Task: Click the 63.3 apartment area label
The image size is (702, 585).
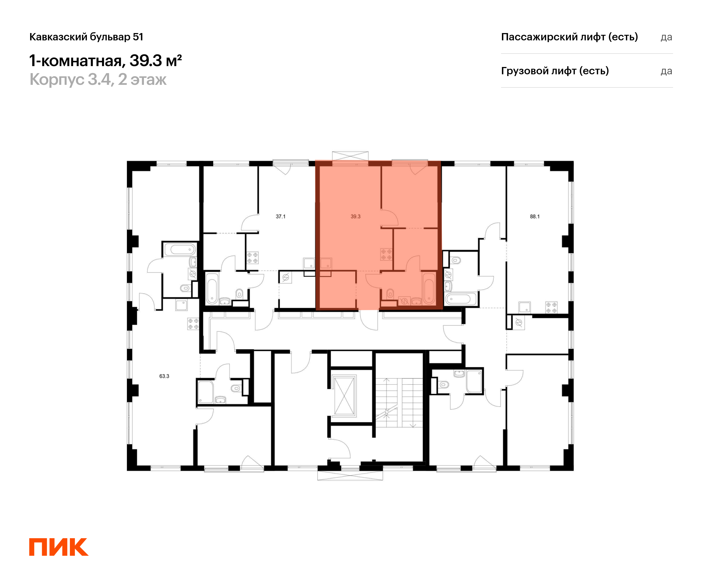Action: pos(164,376)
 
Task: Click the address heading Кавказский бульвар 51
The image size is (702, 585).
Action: pos(86,37)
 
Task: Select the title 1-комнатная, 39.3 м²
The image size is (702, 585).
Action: pos(105,61)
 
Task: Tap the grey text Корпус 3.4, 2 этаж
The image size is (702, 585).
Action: pos(98,80)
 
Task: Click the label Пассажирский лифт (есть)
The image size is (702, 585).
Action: pos(569,37)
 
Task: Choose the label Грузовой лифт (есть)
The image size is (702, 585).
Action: pos(555,71)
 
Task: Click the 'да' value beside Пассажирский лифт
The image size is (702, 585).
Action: pos(666,37)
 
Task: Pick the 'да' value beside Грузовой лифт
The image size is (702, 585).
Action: pos(666,71)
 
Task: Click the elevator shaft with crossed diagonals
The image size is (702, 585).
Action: pos(344,396)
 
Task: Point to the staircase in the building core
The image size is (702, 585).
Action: pos(399,402)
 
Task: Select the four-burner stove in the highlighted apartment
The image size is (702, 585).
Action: pos(386,254)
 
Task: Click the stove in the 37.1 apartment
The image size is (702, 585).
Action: pos(252,258)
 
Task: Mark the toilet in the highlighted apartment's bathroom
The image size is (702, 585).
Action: pos(390,294)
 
